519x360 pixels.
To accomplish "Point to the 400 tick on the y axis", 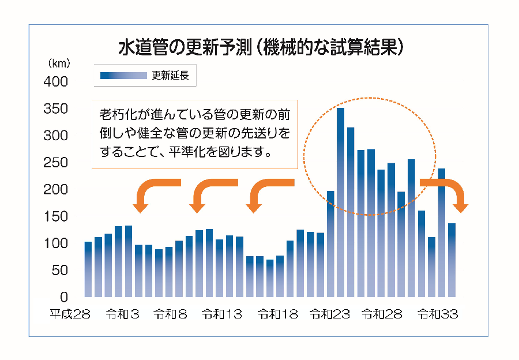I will click(56, 82).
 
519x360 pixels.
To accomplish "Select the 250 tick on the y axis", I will click(56, 163).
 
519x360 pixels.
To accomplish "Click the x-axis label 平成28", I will click(70, 314).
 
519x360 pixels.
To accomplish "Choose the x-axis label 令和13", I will click(221, 314).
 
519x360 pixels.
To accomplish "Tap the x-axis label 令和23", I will click(330, 314).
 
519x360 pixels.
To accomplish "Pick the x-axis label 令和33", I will click(437, 314).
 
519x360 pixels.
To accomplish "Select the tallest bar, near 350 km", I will click(340, 202).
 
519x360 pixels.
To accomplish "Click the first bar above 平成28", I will click(88, 269).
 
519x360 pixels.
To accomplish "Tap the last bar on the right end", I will click(452, 260).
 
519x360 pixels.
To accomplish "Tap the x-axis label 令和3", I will click(123, 314).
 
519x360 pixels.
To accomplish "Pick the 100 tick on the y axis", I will click(56, 243).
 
